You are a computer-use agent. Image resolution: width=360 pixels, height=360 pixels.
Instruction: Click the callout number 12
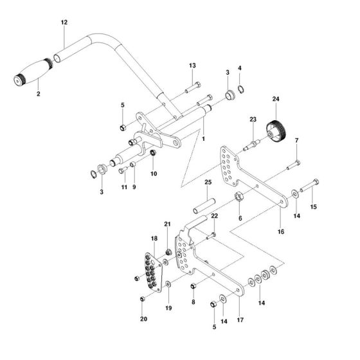[x=64, y=22]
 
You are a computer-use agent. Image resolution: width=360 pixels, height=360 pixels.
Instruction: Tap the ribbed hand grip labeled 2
[x=33, y=73]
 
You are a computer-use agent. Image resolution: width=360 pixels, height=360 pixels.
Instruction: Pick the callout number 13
[x=192, y=66]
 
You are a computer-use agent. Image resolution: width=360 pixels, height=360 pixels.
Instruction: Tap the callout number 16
[x=280, y=231]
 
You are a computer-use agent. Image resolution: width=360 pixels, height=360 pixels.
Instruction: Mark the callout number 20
[x=143, y=319]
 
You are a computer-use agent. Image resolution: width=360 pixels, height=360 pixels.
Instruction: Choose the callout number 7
[x=296, y=141]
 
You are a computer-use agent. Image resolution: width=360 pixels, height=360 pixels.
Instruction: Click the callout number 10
[x=152, y=173]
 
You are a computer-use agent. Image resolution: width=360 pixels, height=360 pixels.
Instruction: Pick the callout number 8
[x=193, y=301]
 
